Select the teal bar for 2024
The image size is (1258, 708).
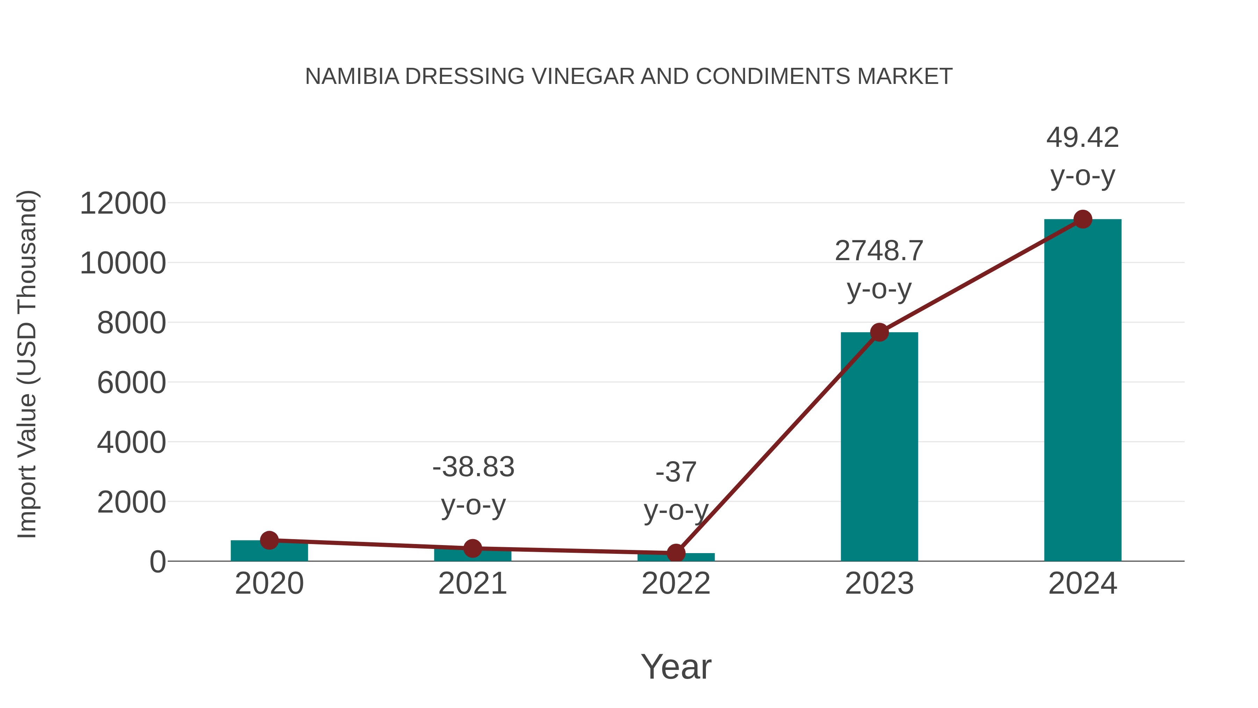coord(1083,391)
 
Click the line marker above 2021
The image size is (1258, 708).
coord(472,548)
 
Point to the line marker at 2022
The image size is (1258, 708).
coord(676,553)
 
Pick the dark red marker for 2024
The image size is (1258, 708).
coord(1083,219)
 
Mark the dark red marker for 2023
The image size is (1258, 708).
coord(879,332)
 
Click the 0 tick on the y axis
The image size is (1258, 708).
coord(158,562)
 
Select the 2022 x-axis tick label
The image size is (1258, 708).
coord(676,584)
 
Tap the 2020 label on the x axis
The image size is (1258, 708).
coord(269,584)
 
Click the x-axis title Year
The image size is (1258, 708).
coord(676,666)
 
